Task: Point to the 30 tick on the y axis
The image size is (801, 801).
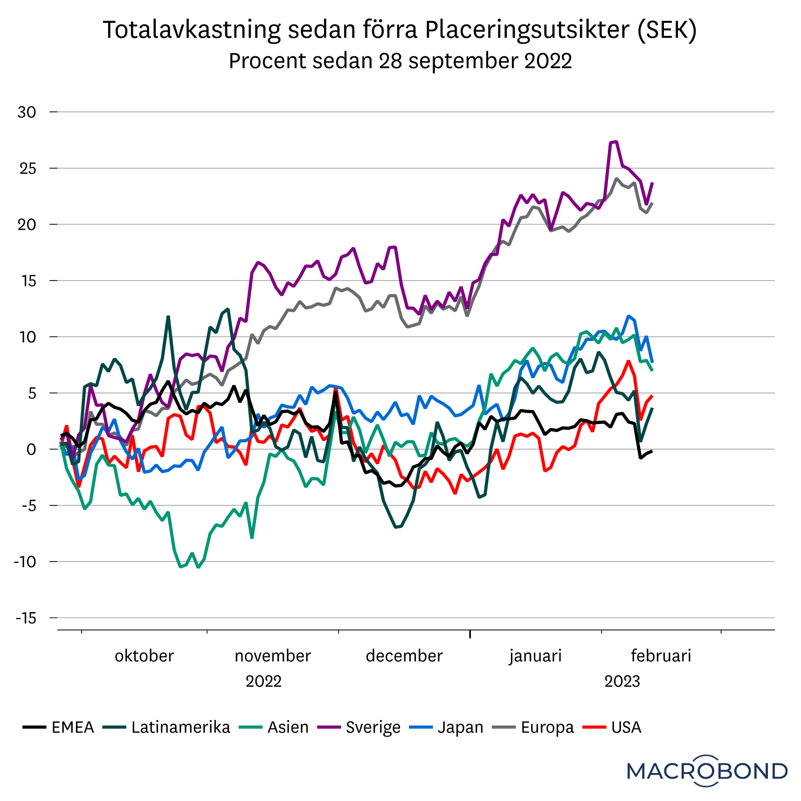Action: point(27,112)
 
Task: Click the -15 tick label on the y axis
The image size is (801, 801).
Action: point(26,618)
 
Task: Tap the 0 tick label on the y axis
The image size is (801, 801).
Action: point(31,450)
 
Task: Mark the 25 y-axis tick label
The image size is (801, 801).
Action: point(28,169)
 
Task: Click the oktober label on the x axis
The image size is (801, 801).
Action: point(144,656)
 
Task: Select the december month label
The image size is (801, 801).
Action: point(404,656)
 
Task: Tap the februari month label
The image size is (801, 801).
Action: point(661,656)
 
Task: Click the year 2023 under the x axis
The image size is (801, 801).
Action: point(622,681)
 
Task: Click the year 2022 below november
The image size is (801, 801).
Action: point(263,681)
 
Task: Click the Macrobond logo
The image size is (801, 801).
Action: point(707,771)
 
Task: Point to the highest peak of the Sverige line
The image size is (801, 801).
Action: point(616,142)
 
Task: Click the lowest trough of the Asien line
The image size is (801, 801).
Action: point(199,567)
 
